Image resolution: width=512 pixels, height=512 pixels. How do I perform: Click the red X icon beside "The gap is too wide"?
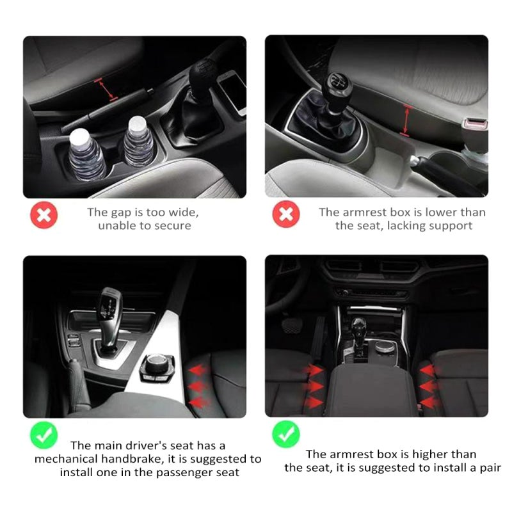point(44,215)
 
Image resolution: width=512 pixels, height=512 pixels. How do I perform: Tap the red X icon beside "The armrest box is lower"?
point(285,214)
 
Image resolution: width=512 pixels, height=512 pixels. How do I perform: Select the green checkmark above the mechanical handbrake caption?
point(44,435)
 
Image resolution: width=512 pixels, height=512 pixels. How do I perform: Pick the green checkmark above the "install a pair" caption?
point(285,435)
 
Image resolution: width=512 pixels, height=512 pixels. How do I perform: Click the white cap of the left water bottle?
point(79,136)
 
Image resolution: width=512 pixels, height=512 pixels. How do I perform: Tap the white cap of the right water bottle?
point(137,124)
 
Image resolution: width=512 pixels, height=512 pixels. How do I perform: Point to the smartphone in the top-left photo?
point(232,92)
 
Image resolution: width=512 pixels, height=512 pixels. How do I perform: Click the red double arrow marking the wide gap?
point(106,89)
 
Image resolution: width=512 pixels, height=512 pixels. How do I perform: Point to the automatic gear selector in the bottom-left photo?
point(109,318)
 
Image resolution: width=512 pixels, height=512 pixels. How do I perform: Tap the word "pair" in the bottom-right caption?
point(489,468)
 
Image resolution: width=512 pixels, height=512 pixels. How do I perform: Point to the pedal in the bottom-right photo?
point(292,326)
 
